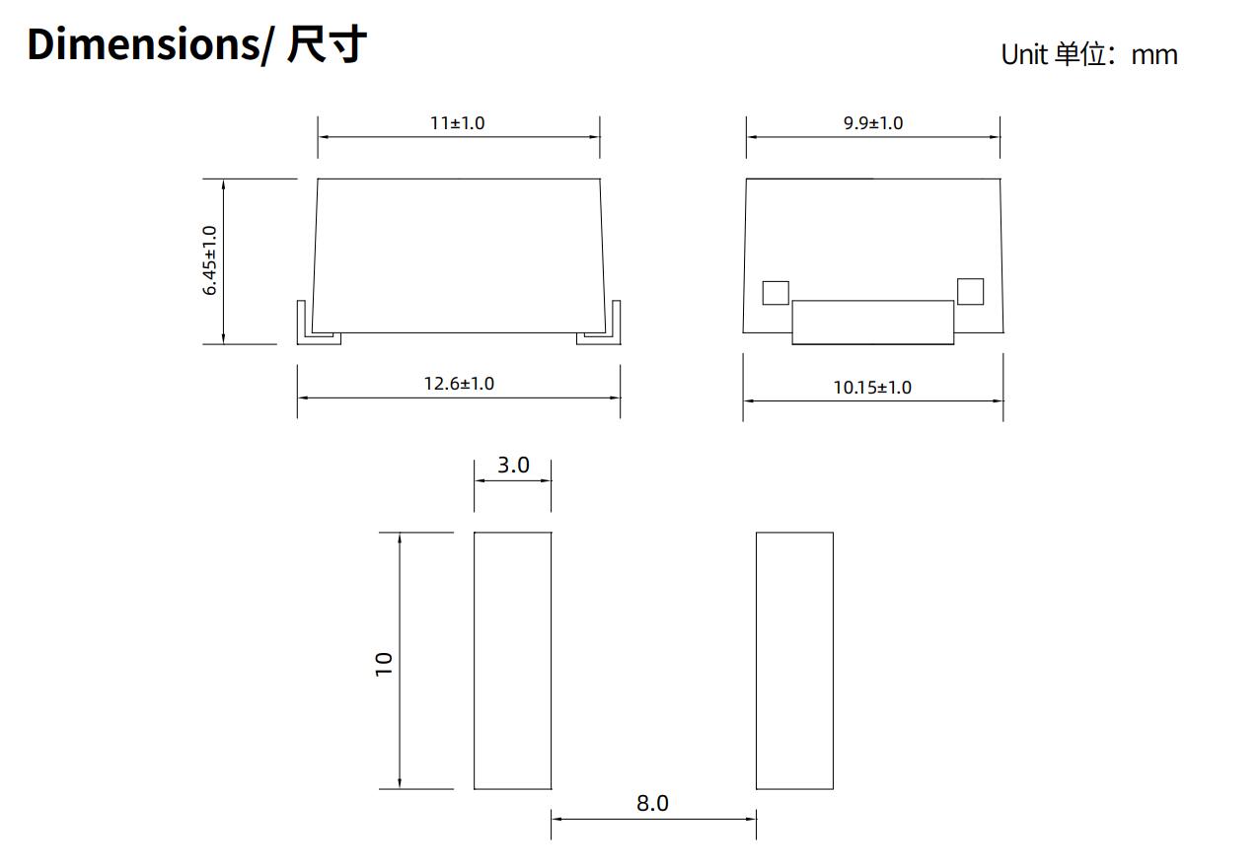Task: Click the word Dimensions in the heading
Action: pyautogui.click(x=143, y=45)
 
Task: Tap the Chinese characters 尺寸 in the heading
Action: pyautogui.click(x=327, y=45)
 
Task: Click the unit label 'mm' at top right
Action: pyautogui.click(x=1153, y=55)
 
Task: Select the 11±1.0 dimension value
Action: pyautogui.click(x=457, y=123)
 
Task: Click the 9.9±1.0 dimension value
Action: pyautogui.click(x=872, y=123)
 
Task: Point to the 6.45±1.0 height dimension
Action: pyautogui.click(x=210, y=260)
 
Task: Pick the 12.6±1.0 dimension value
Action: pyautogui.click(x=459, y=384)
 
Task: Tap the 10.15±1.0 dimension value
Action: pyautogui.click(x=872, y=388)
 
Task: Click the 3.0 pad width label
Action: pyautogui.click(x=512, y=465)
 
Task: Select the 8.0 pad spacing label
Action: pyautogui.click(x=652, y=804)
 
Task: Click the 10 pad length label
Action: pyautogui.click(x=384, y=663)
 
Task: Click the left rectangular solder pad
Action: pyautogui.click(x=512, y=661)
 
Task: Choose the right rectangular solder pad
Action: pyautogui.click(x=794, y=661)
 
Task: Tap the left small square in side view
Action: pyautogui.click(x=776, y=293)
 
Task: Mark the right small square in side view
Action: pyautogui.click(x=970, y=291)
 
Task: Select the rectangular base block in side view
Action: pyautogui.click(x=872, y=323)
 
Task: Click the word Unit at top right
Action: pyautogui.click(x=1023, y=54)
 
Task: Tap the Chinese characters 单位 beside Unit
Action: pyautogui.click(x=1080, y=54)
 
